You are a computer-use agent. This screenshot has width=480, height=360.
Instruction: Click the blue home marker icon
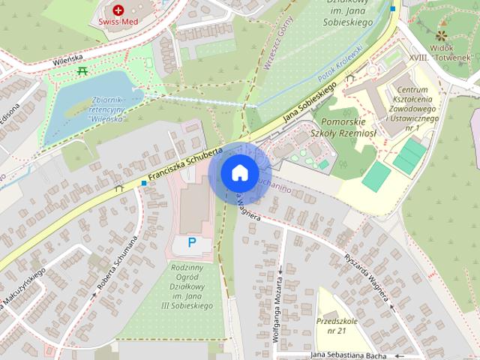point(239,172)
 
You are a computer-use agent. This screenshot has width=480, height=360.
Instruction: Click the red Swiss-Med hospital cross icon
point(118,10)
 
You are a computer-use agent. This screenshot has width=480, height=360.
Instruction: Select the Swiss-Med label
point(116,22)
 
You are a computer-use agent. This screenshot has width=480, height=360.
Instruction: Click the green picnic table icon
point(82,70)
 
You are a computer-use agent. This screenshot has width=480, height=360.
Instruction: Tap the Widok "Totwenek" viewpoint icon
point(441,35)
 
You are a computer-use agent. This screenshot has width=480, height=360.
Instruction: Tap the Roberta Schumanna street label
point(116,262)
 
